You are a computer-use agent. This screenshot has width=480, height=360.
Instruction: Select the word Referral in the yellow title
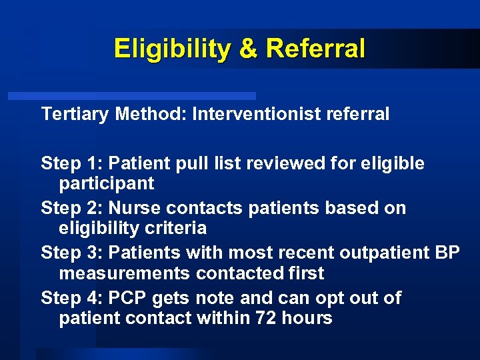[315, 49]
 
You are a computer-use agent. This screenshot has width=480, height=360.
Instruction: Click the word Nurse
[135, 208]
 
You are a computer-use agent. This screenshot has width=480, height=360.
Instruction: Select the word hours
[308, 318]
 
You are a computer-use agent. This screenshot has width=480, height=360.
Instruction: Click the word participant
[107, 183]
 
